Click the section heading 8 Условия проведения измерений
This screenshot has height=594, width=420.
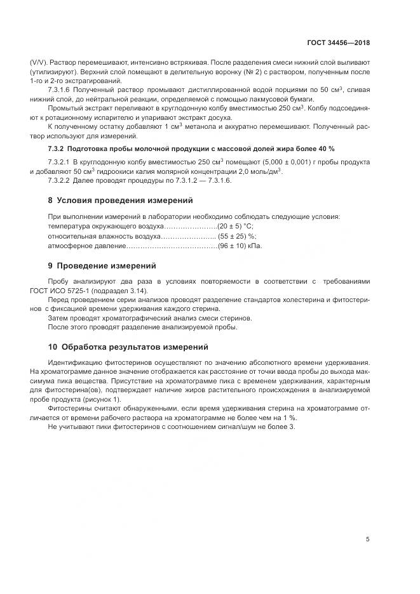click(120, 201)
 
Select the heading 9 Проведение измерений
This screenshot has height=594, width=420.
click(102, 265)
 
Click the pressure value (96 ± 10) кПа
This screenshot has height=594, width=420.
click(240, 246)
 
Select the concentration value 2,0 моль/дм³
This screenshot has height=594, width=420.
click(255, 171)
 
